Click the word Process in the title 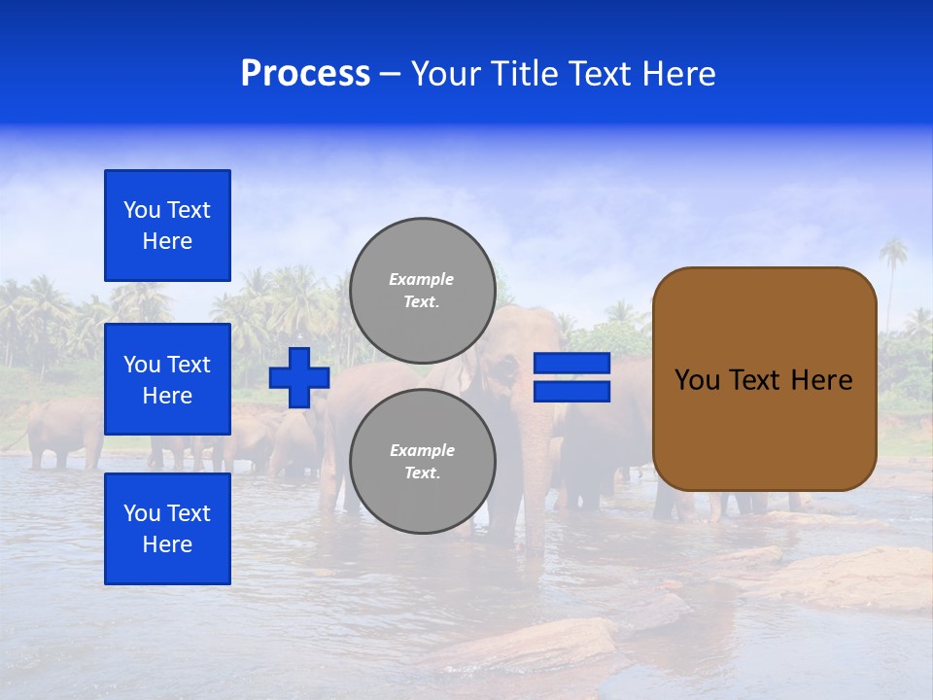305,74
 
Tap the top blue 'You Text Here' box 167,226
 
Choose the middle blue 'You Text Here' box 167,379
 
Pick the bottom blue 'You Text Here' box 167,528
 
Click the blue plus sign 298,378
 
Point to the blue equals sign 571,377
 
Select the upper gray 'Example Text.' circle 422,291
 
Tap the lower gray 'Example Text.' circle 422,462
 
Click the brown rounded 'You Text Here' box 764,379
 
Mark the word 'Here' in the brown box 821,380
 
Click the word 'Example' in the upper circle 422,279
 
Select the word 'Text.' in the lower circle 422,473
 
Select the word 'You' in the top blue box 142,210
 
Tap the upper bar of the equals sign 571,364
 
